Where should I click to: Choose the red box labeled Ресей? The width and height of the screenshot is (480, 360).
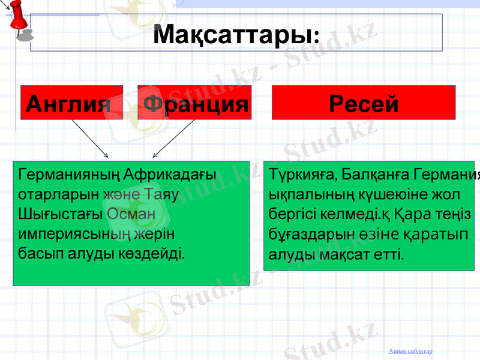pyautogui.click(x=364, y=103)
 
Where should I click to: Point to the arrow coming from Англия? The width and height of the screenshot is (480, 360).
pyautogui.click(x=89, y=137)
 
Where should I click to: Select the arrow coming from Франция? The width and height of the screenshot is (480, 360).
pyautogui.click(x=173, y=138)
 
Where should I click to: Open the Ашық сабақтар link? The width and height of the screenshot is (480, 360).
pyautogui.click(x=410, y=350)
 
